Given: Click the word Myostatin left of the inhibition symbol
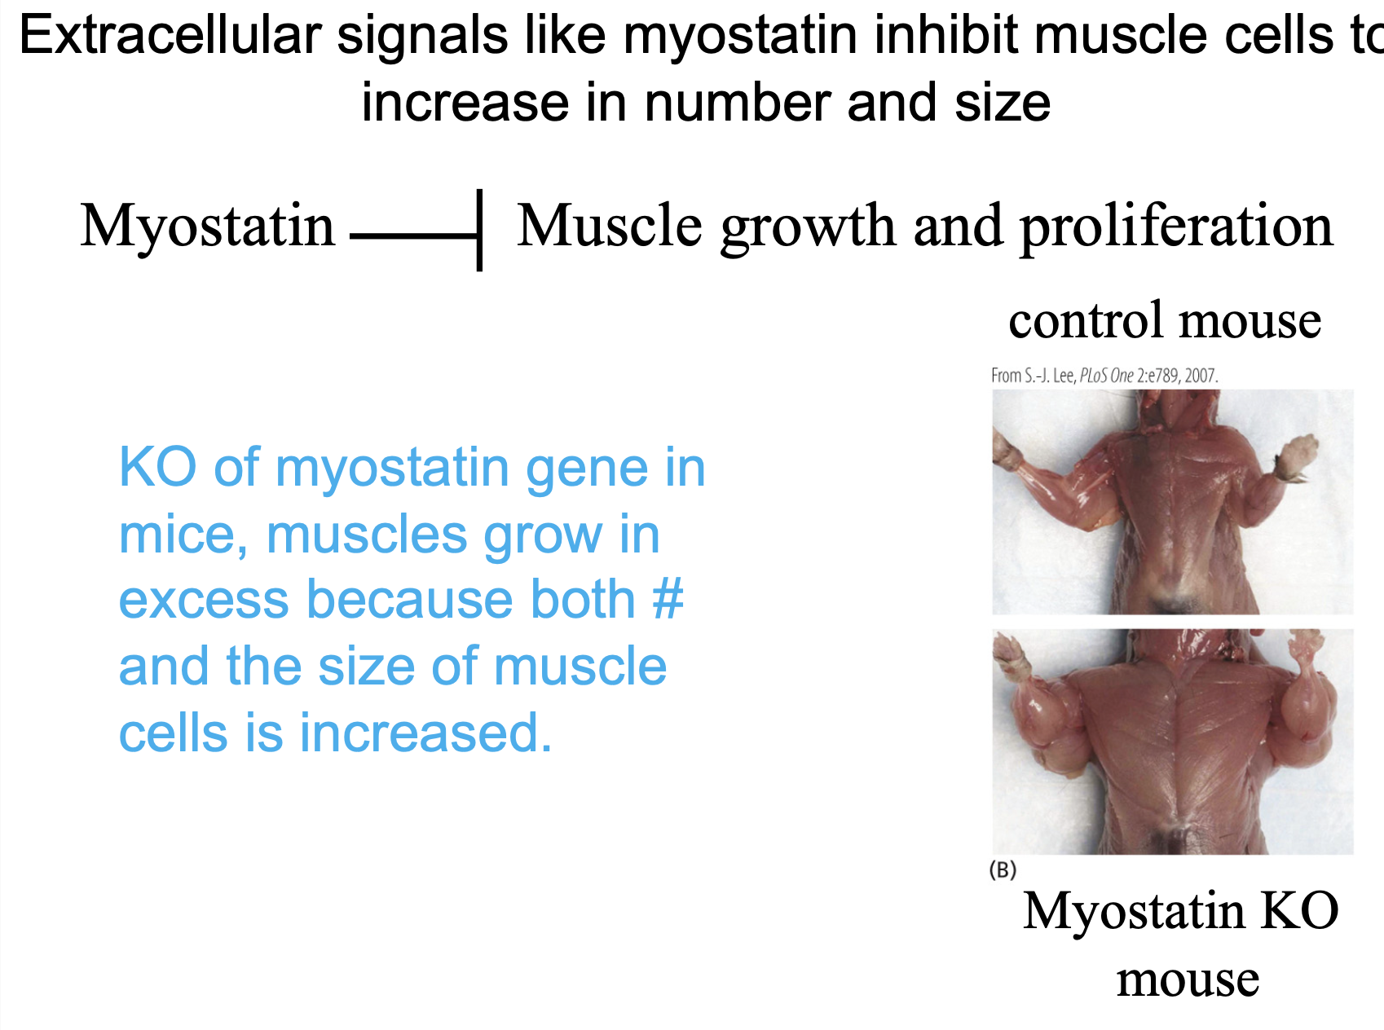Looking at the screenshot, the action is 208,227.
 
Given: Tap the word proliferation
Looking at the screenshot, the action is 1177,227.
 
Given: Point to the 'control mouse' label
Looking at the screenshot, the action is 1165,319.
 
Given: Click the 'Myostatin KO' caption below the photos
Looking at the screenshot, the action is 1181,910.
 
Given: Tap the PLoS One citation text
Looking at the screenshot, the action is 1104,376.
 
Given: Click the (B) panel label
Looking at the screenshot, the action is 1003,869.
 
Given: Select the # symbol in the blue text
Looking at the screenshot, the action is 668,600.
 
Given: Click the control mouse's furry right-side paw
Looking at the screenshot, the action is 1292,457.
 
